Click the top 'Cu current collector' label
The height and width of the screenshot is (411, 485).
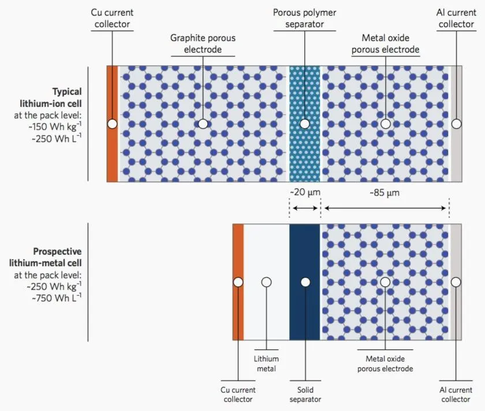(x=111, y=18)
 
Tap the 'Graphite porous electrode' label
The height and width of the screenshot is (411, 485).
(x=203, y=43)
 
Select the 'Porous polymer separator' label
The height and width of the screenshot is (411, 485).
(x=304, y=18)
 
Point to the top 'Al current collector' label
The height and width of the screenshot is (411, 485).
(x=456, y=18)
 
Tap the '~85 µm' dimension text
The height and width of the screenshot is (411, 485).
(x=385, y=192)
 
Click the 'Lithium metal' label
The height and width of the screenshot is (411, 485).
(x=266, y=364)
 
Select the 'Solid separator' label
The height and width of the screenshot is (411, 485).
(x=305, y=395)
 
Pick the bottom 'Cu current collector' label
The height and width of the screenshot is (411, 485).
(x=238, y=395)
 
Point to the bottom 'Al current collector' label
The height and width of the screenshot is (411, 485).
(x=456, y=395)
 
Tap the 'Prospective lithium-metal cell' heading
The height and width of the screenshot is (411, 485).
(x=57, y=257)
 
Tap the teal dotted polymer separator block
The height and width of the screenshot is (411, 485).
(x=304, y=156)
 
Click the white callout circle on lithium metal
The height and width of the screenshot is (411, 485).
(x=266, y=282)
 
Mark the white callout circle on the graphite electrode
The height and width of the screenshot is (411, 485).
(x=203, y=124)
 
